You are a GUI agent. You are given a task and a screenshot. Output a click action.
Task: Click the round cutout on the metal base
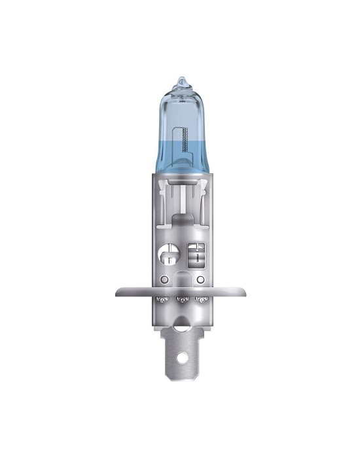pyautogui.click(x=168, y=252)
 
